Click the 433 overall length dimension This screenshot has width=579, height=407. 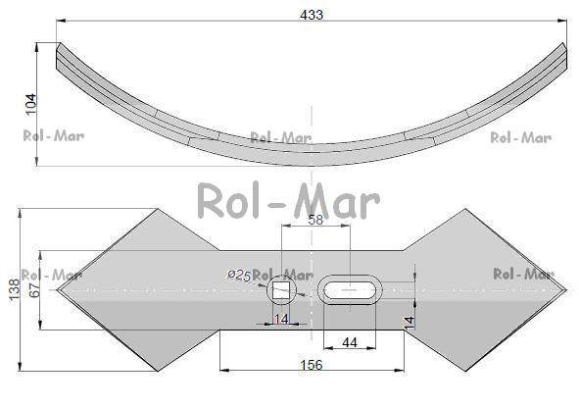312,15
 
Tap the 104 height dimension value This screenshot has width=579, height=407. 31,104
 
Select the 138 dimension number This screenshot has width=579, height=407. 14,290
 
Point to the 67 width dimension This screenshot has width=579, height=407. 34,290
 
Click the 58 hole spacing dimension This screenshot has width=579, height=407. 315,220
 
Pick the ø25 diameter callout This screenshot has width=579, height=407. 239,275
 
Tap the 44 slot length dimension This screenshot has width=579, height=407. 350,342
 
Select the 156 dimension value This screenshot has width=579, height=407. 312,365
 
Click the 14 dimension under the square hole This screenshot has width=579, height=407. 281,319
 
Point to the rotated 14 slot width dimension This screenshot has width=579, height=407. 409,323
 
